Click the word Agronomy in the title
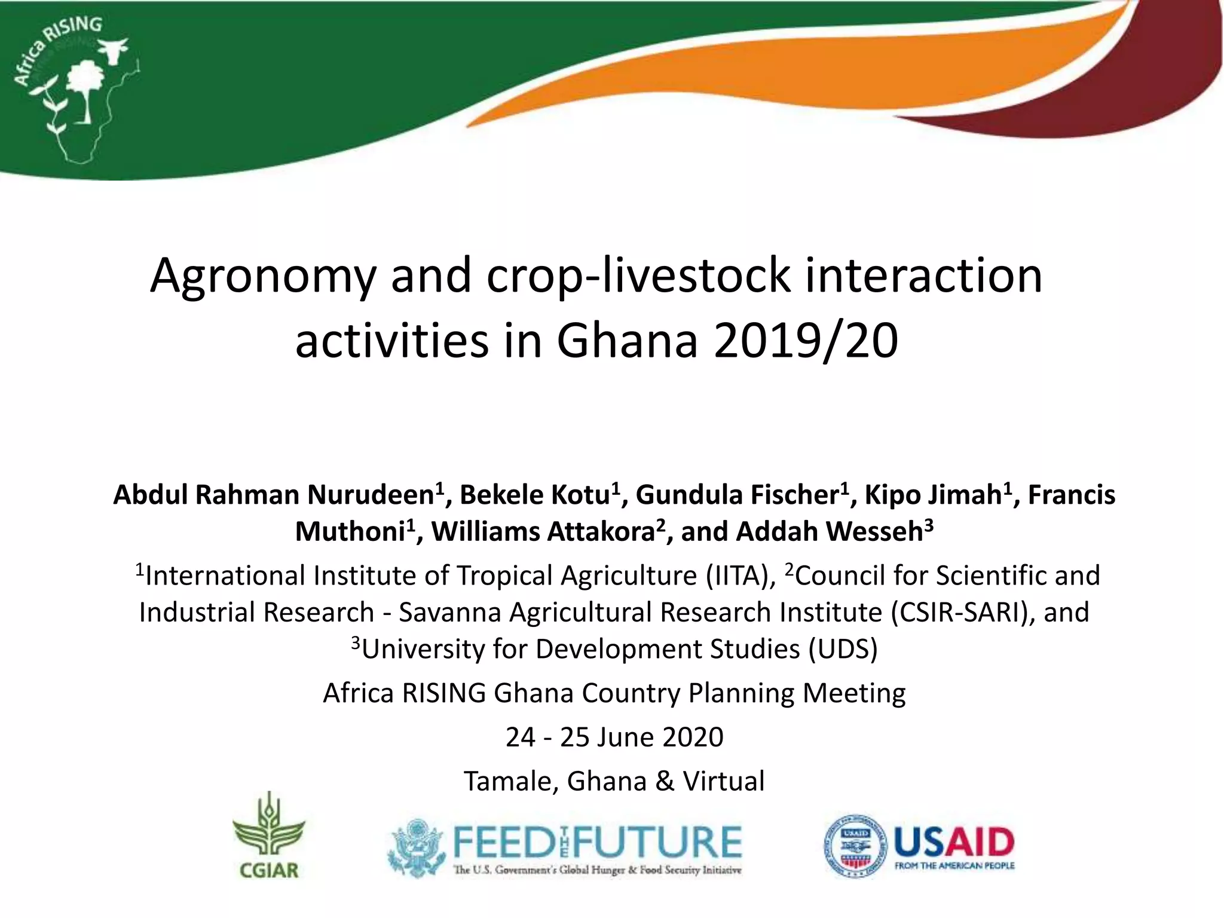(x=262, y=276)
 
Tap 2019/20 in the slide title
(x=806, y=341)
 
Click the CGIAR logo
(x=268, y=837)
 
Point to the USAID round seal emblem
(x=855, y=846)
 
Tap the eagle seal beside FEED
(x=417, y=847)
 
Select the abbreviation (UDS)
(x=843, y=650)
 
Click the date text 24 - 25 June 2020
(x=614, y=738)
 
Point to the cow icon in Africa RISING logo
(x=114, y=50)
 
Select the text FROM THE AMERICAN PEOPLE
(x=954, y=866)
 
